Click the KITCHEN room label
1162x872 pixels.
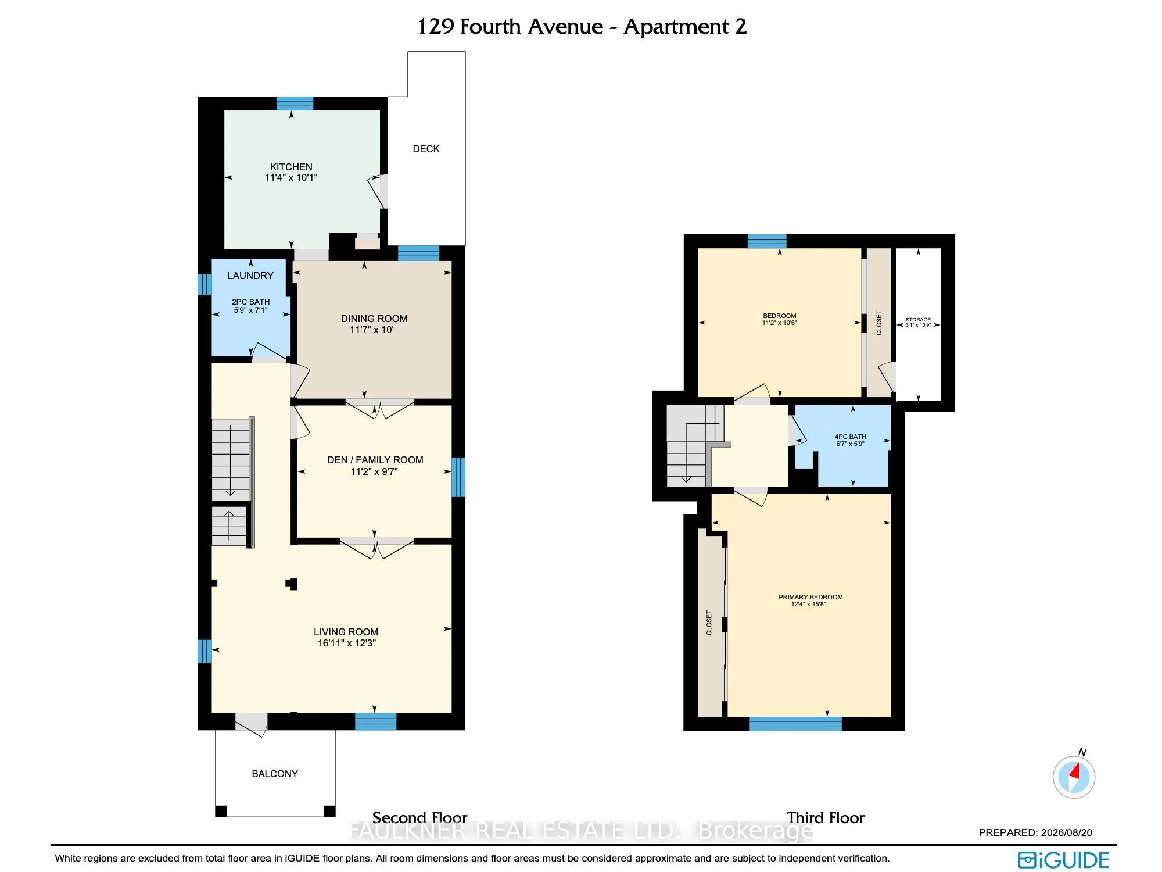(x=291, y=167)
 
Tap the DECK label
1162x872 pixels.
(x=426, y=149)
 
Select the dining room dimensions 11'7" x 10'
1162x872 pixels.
(x=372, y=330)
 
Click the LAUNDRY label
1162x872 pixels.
(x=250, y=276)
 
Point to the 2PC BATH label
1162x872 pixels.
(x=251, y=302)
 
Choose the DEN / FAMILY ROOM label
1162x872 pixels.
(x=375, y=460)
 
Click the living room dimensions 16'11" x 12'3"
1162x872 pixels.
(x=347, y=643)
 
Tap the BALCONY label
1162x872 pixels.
(x=275, y=774)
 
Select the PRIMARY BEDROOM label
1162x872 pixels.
(x=810, y=597)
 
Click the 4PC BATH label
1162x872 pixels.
(x=851, y=437)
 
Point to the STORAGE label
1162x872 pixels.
(x=918, y=320)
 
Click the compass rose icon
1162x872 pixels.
(x=1074, y=777)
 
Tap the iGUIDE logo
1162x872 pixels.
(x=1063, y=860)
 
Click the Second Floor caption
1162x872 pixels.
(x=419, y=818)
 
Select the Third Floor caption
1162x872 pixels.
(x=826, y=818)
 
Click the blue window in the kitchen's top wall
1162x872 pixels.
(x=295, y=103)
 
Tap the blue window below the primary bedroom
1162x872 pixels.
(x=795, y=724)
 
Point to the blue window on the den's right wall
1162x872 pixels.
(x=458, y=477)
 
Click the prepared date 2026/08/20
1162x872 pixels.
(x=1066, y=832)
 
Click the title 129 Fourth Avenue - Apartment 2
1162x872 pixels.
(x=582, y=27)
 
